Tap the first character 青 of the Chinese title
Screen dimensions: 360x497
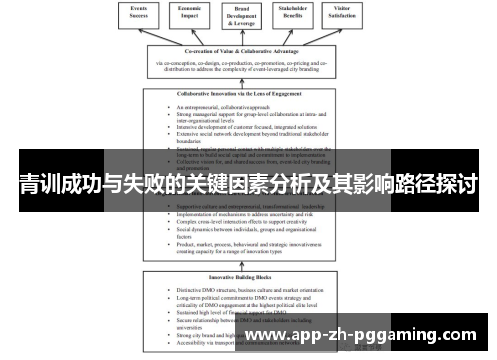pos(28,185)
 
